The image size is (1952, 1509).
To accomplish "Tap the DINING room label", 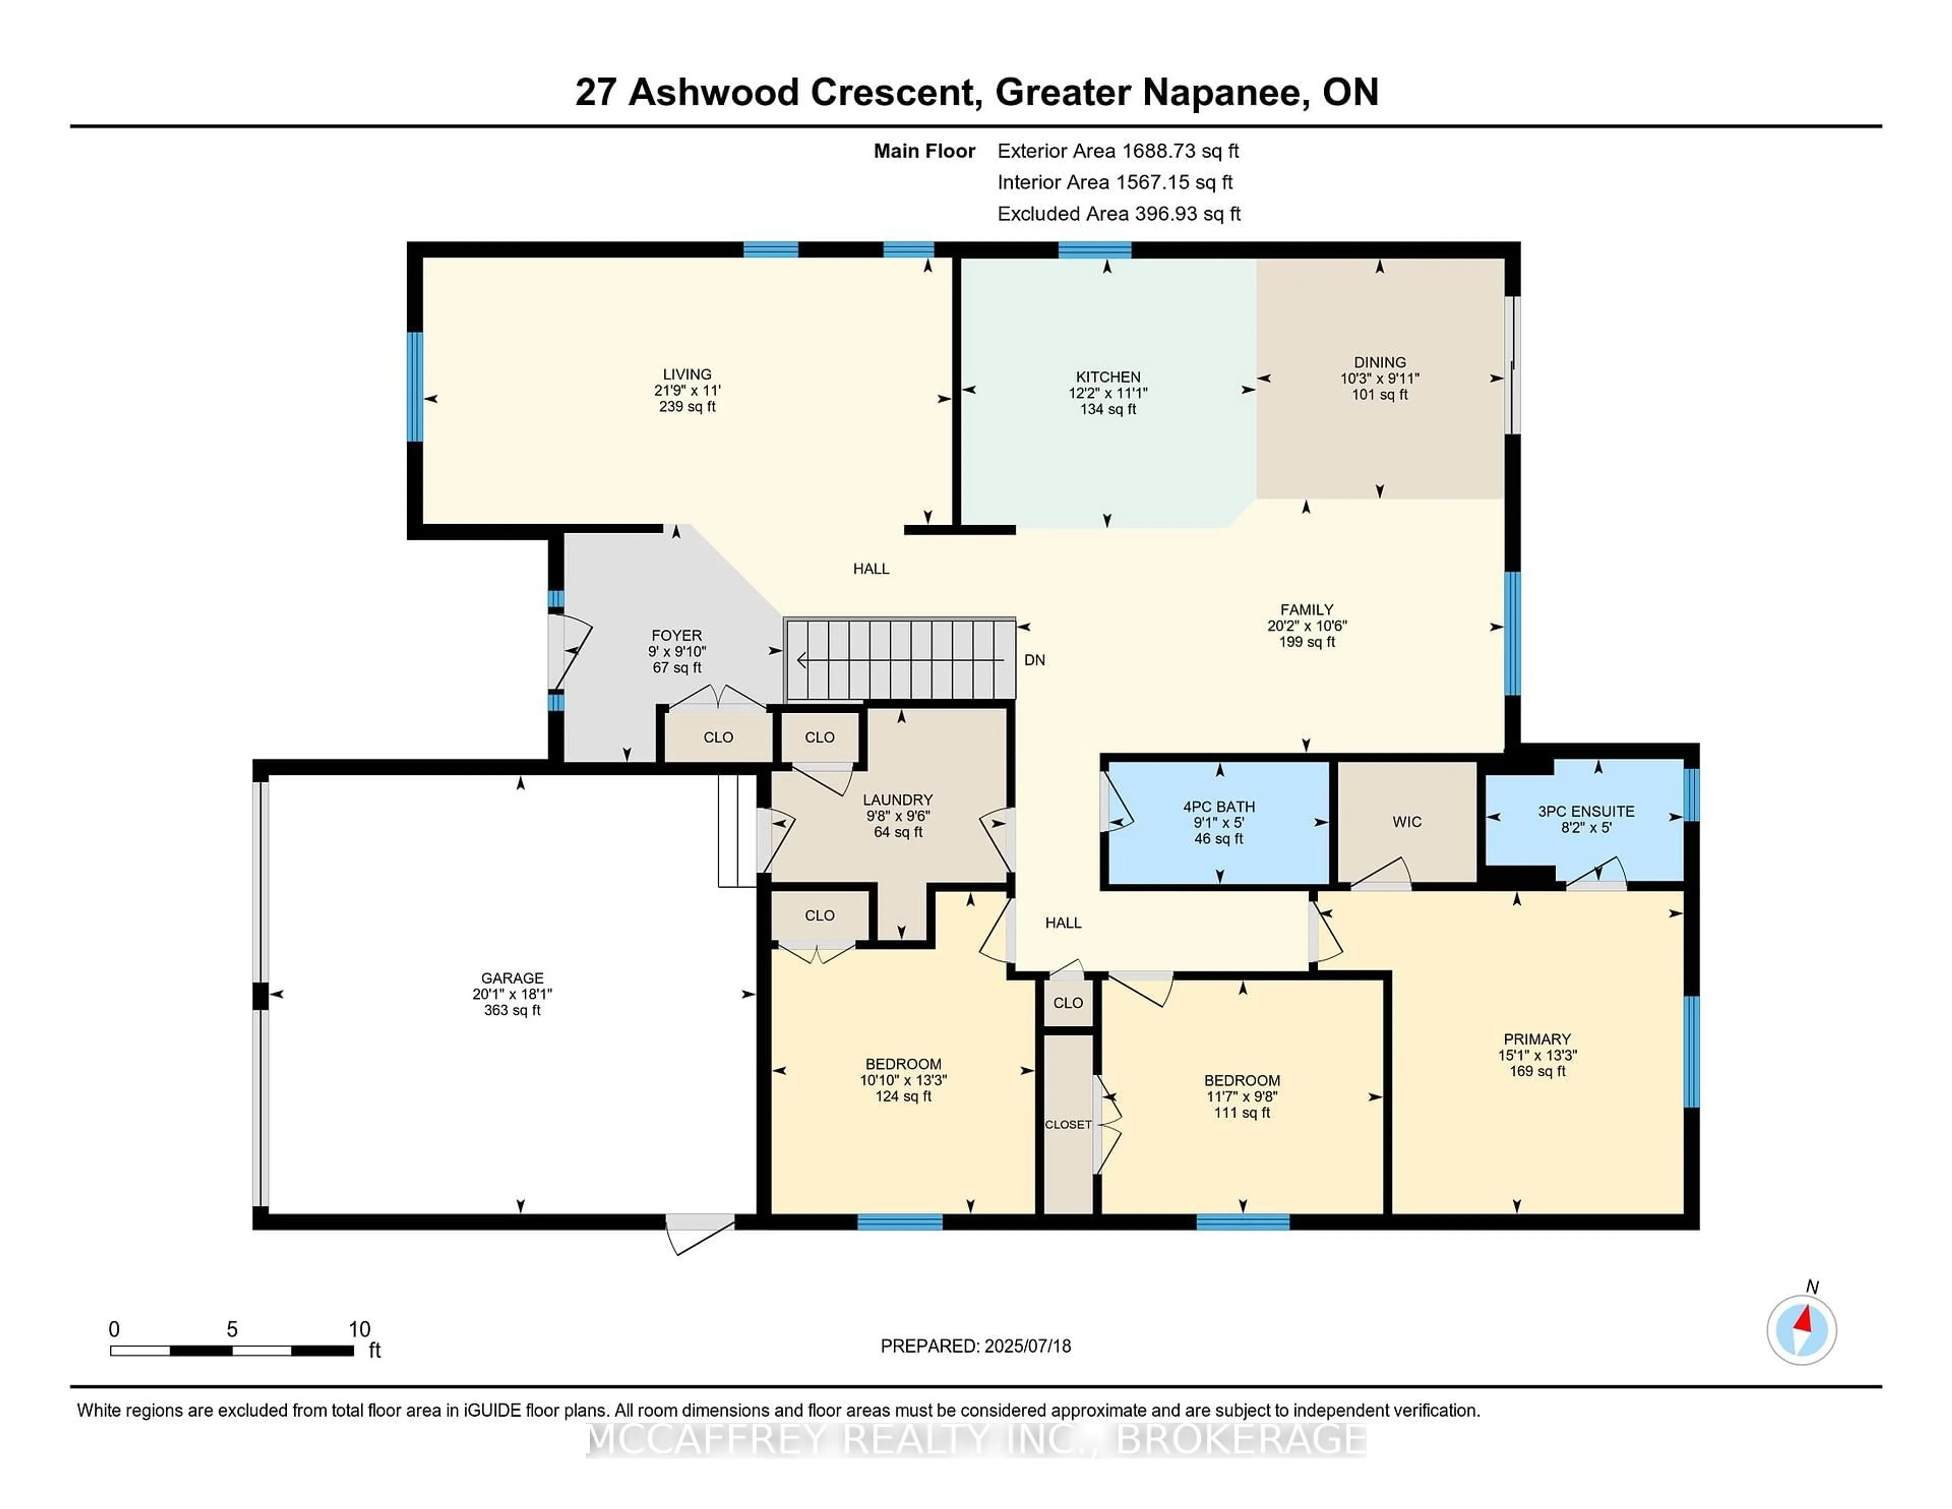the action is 1379,362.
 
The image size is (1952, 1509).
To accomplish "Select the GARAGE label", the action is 512,978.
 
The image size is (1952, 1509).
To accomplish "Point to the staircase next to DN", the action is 900,660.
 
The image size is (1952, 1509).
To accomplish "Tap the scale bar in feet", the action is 232,1350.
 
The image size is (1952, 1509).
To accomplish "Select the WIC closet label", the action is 1407,822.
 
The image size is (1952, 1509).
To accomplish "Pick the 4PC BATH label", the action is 1219,806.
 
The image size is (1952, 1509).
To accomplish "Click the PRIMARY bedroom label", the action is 1537,1039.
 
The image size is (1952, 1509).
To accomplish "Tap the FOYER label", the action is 677,636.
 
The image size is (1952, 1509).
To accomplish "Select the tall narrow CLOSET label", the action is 1068,1125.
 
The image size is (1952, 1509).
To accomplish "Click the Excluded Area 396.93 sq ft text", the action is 1119,214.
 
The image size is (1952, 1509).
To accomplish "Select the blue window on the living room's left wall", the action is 415,386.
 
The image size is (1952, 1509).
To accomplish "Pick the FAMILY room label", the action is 1307,610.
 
